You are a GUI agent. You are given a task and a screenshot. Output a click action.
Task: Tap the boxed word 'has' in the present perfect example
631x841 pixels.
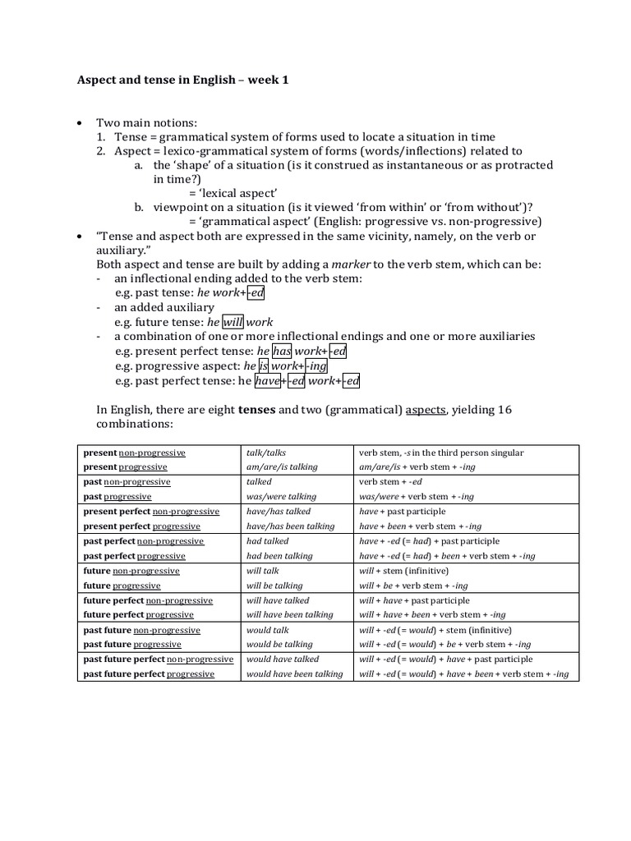pyautogui.click(x=282, y=352)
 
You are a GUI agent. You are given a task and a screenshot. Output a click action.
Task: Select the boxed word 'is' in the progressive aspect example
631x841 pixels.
pyautogui.click(x=264, y=366)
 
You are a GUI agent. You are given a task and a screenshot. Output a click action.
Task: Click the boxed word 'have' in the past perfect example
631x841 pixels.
pyautogui.click(x=266, y=381)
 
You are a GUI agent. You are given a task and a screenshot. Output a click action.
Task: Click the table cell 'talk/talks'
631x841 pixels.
pyautogui.click(x=265, y=453)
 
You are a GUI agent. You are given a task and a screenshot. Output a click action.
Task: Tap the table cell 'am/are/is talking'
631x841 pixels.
pyautogui.click(x=282, y=467)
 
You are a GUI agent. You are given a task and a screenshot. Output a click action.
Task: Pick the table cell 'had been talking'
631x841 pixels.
pyautogui.click(x=279, y=556)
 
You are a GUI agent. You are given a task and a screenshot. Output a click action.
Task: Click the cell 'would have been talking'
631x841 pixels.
pyautogui.click(x=294, y=674)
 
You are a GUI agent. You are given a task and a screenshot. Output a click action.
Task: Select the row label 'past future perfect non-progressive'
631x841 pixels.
pyautogui.click(x=158, y=659)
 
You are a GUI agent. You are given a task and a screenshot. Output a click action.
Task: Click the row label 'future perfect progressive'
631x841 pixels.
pyautogui.click(x=139, y=615)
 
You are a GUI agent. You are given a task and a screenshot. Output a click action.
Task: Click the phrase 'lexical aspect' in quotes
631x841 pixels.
pyautogui.click(x=225, y=192)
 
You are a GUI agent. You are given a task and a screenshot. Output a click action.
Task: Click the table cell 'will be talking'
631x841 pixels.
pyautogui.click(x=274, y=586)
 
